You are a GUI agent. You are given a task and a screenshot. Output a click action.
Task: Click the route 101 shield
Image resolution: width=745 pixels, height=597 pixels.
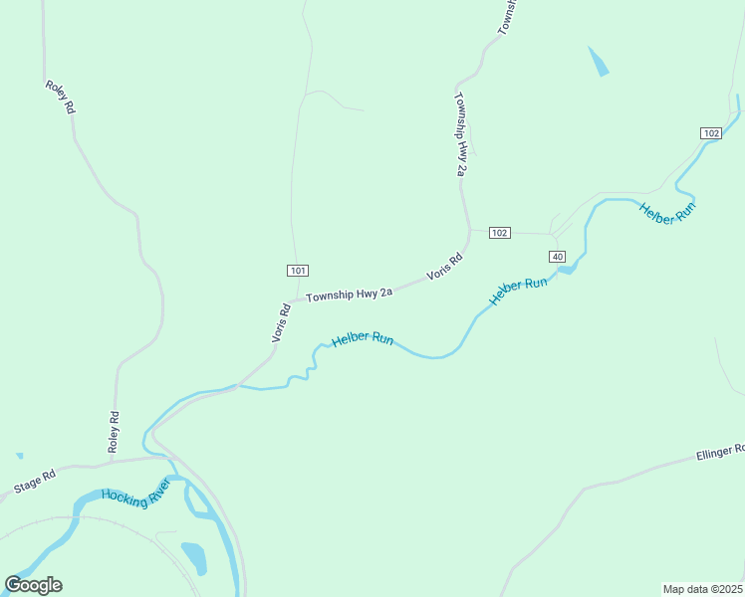click(x=299, y=270)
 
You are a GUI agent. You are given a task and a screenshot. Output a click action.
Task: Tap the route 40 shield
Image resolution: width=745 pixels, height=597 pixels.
click(x=557, y=257)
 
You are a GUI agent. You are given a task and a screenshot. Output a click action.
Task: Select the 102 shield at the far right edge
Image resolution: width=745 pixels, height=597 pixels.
click(x=710, y=133)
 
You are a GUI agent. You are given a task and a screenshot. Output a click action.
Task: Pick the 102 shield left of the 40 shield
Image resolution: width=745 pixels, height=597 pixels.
click(x=500, y=233)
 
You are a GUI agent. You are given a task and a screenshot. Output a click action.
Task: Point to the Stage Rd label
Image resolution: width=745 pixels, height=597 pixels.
click(x=34, y=483)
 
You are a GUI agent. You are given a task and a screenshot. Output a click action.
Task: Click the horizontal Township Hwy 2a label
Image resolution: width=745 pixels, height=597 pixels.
click(x=350, y=295)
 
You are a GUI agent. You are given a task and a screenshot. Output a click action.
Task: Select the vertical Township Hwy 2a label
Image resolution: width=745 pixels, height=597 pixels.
click(x=460, y=135)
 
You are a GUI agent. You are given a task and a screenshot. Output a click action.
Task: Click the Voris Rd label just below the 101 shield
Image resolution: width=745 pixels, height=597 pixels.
click(x=282, y=323)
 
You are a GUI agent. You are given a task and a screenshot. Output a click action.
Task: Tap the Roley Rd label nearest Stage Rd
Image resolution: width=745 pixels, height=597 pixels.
click(x=115, y=432)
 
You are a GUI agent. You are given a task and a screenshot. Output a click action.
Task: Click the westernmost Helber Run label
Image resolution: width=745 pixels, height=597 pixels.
click(x=363, y=339)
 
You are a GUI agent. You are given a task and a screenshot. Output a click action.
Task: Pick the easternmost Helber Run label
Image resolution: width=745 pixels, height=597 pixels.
click(x=668, y=212)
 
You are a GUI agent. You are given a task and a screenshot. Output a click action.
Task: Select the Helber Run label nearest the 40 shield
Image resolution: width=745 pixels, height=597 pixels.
click(x=519, y=290)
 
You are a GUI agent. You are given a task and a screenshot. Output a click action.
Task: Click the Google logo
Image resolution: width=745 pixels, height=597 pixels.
click(x=33, y=585)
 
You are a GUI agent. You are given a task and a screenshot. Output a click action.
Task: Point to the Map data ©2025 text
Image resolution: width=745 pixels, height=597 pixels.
click(x=703, y=589)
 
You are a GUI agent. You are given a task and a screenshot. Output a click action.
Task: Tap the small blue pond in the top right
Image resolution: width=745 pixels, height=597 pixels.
click(x=599, y=62)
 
